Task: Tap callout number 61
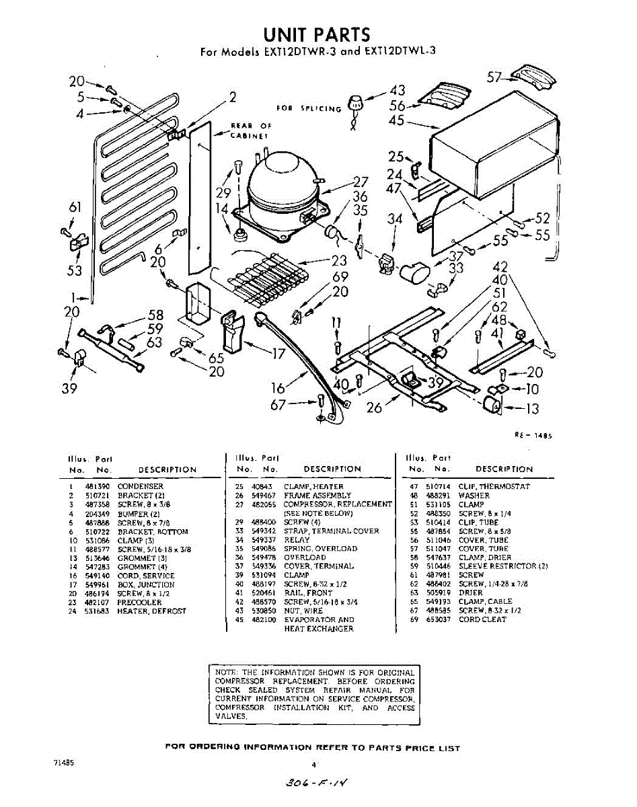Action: (x=75, y=206)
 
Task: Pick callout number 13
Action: (x=533, y=408)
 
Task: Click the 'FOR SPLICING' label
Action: (x=309, y=108)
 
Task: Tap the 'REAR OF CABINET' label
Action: (x=250, y=130)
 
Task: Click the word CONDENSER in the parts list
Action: (x=140, y=486)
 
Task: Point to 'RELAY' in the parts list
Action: (x=297, y=539)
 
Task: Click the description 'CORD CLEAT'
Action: (x=482, y=619)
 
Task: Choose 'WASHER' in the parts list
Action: (x=474, y=496)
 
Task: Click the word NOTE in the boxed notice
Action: (x=223, y=672)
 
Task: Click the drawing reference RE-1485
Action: (x=534, y=435)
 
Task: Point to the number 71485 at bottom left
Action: (x=63, y=764)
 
